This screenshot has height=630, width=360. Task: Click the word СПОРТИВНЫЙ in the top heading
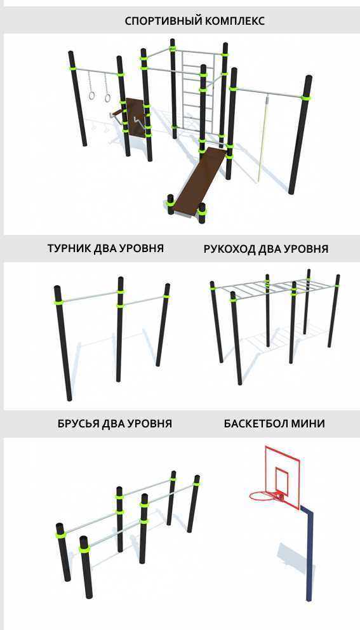(x=163, y=21)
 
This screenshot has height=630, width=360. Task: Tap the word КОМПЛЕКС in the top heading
(x=235, y=21)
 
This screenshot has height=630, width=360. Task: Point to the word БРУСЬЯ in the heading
(x=78, y=424)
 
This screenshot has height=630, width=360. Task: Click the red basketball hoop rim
(x=263, y=496)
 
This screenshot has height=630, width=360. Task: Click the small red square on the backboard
(x=281, y=480)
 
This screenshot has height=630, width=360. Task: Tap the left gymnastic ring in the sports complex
(x=92, y=96)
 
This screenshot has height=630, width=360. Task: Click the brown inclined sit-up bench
(x=197, y=182)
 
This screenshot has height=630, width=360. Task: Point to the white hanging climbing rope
(x=262, y=137)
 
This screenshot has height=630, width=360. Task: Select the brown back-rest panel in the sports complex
(x=134, y=116)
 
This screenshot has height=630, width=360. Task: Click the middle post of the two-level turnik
(x=120, y=330)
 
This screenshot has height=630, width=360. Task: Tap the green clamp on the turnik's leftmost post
(x=58, y=301)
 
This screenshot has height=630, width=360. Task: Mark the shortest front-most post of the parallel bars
(x=86, y=566)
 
